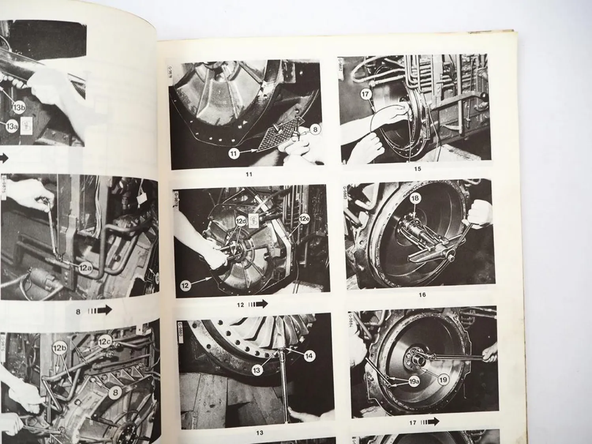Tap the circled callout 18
click(415, 199)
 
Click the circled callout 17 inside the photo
click(366, 95)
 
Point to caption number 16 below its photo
click(422, 294)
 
